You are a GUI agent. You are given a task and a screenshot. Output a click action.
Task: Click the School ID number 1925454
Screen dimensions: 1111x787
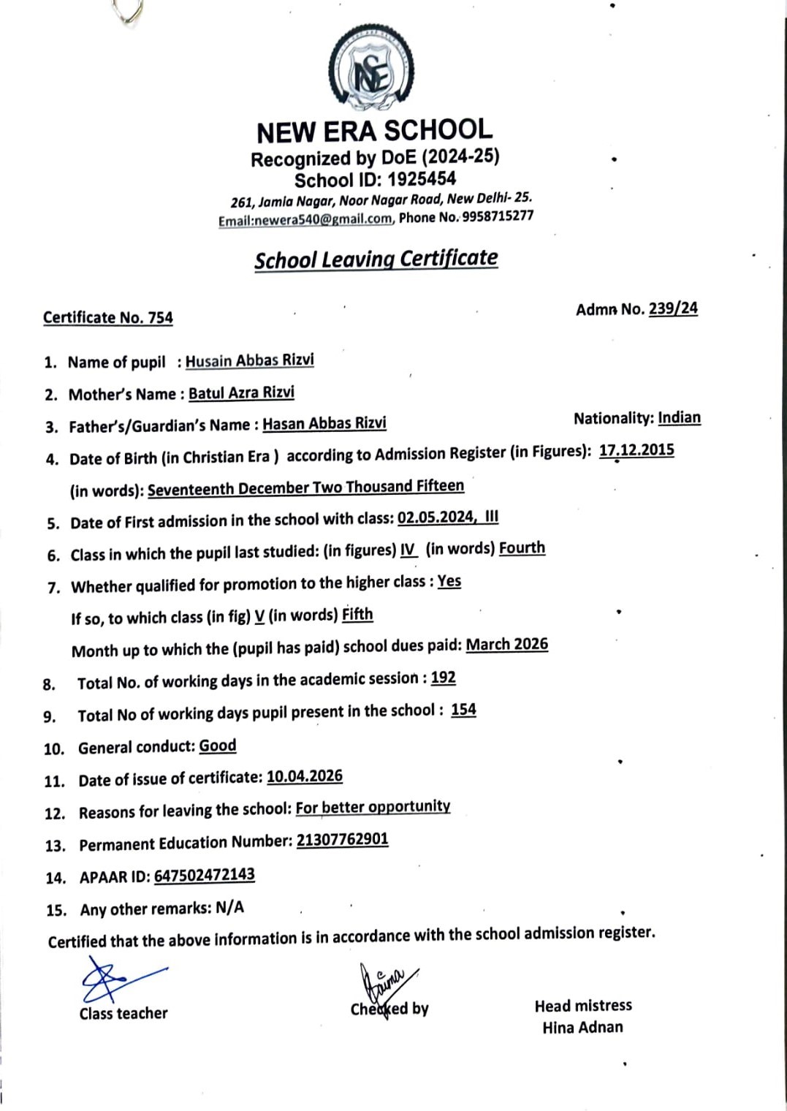[x=422, y=179]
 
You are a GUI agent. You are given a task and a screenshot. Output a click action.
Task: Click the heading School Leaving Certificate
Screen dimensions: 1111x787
[x=376, y=259]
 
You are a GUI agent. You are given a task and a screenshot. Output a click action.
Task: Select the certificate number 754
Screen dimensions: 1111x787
[x=161, y=318]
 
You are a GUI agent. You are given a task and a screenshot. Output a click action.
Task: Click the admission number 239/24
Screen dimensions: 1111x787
[x=673, y=308]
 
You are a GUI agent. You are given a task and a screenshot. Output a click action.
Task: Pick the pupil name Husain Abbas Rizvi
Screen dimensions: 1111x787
[x=249, y=360]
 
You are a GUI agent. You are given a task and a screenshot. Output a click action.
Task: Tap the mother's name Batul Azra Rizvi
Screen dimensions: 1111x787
[x=241, y=393]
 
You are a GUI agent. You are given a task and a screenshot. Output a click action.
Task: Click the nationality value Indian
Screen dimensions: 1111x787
[x=679, y=418]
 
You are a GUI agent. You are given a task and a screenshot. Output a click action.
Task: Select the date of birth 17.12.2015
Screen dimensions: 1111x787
[x=636, y=450]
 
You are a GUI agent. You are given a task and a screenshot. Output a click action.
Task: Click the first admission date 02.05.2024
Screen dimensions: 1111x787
[x=436, y=518]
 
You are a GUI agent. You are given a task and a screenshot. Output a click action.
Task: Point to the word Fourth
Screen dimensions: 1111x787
[x=522, y=548]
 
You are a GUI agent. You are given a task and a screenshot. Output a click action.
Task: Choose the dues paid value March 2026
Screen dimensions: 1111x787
[x=506, y=644]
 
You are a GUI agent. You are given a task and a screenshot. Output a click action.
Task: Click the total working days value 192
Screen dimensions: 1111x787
[x=443, y=678]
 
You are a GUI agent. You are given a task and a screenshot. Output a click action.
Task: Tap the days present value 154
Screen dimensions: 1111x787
[x=463, y=710]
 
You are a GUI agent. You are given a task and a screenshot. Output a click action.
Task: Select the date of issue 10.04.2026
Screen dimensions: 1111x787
[x=304, y=776]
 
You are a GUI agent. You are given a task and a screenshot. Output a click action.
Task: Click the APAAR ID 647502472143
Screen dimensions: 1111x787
[x=204, y=875]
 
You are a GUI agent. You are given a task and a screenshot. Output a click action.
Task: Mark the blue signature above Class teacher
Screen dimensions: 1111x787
[x=117, y=979]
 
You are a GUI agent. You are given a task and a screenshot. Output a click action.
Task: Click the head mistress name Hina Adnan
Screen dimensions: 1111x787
[x=582, y=1027]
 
